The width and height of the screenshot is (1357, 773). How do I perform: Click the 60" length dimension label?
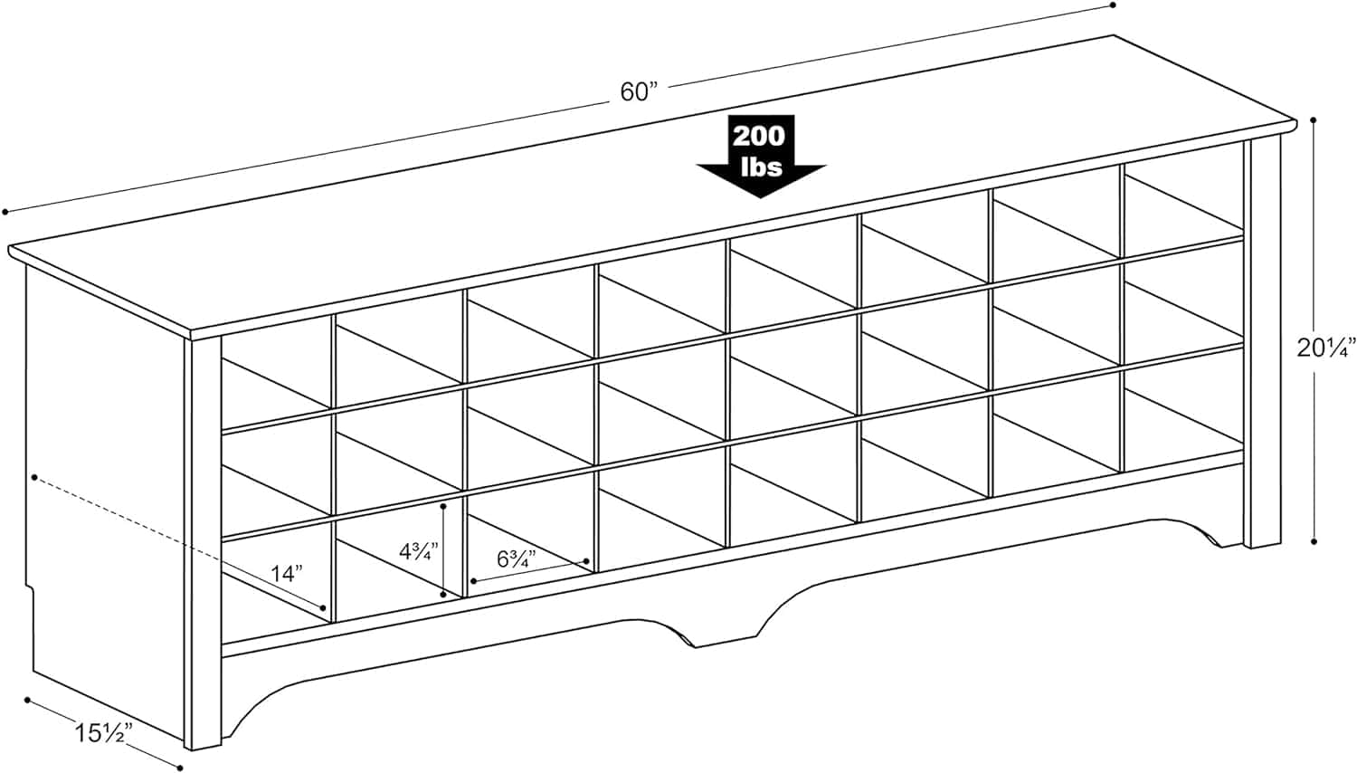click(x=639, y=92)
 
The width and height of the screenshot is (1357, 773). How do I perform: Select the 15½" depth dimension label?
click(x=100, y=732)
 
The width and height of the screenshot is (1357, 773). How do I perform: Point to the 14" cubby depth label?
click(x=286, y=574)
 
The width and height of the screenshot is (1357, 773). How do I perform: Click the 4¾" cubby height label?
click(x=418, y=552)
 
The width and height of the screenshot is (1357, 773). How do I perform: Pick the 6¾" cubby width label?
click(x=517, y=559)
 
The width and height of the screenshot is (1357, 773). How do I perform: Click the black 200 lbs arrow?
click(x=760, y=156)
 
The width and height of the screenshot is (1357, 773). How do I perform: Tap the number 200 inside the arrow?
click(x=760, y=137)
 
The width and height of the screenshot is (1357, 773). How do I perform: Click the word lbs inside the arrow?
click(x=762, y=167)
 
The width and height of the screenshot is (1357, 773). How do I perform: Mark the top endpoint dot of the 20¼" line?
click(x=1314, y=120)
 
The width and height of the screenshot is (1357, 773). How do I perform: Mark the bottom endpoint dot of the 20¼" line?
click(x=1314, y=541)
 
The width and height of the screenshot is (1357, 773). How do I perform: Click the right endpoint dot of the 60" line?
click(x=1113, y=5)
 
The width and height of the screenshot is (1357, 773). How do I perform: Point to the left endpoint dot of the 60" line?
click(x=5, y=212)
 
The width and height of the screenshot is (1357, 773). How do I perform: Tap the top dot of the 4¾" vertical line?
click(x=444, y=505)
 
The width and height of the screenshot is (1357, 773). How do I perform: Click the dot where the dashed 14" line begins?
click(x=34, y=478)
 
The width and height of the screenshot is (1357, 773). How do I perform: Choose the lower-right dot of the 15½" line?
click(x=180, y=768)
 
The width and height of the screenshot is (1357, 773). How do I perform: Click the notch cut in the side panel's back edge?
click(x=29, y=596)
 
